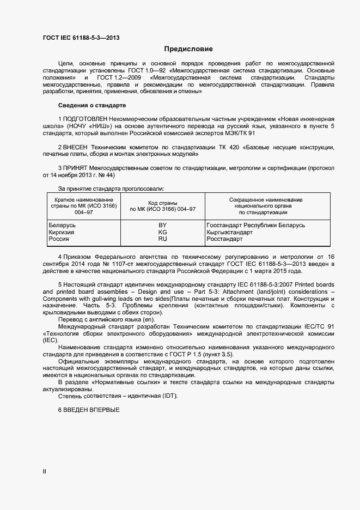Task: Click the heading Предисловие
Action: pos(188,49)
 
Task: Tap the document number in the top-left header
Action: pos(81,38)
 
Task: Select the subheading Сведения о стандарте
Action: pos(91,105)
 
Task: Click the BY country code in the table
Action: pos(162,225)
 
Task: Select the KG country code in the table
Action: pos(162,232)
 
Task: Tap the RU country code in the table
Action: pos(162,239)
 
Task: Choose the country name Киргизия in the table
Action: pos(62,232)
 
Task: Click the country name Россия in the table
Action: pos(59,239)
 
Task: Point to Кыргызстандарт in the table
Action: pos(230,232)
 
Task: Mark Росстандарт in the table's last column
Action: pos(225,239)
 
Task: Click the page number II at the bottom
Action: pos(45,472)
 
